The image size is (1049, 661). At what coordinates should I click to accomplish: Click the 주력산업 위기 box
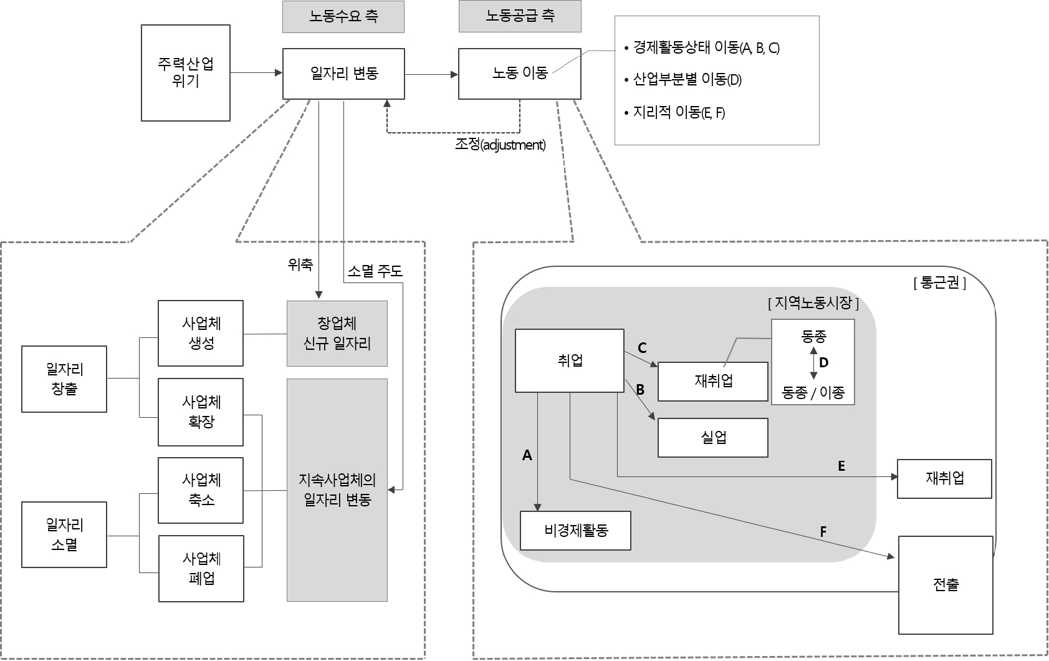[x=185, y=73]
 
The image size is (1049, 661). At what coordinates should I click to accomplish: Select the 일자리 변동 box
[x=343, y=74]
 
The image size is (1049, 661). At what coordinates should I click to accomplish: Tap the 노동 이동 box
[x=519, y=74]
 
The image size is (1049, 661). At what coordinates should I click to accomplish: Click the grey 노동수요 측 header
[x=343, y=17]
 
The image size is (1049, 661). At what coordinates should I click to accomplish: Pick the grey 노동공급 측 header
[x=519, y=17]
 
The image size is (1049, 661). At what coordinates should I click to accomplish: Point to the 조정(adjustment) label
[x=500, y=145]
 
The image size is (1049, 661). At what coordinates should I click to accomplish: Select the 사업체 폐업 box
[x=201, y=568]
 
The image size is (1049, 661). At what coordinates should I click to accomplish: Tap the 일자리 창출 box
[x=64, y=379]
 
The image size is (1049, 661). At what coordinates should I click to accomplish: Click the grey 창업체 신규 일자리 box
[x=337, y=334]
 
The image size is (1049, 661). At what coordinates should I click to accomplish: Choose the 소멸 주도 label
[x=375, y=271]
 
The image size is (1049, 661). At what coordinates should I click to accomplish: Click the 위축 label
[x=300, y=265]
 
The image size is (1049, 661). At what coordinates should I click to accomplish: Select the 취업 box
[x=569, y=360]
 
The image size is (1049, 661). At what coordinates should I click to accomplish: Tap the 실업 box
[x=712, y=438]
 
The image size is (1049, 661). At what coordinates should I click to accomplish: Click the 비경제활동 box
[x=575, y=531]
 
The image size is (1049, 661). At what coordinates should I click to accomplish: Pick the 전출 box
[x=945, y=585]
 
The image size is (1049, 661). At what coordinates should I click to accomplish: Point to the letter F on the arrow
[x=823, y=532]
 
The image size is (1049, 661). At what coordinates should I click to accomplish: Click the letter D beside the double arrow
[x=823, y=362]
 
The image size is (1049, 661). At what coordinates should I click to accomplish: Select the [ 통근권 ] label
[x=939, y=283]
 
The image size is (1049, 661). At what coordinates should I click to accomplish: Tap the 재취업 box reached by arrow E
[x=944, y=478]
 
